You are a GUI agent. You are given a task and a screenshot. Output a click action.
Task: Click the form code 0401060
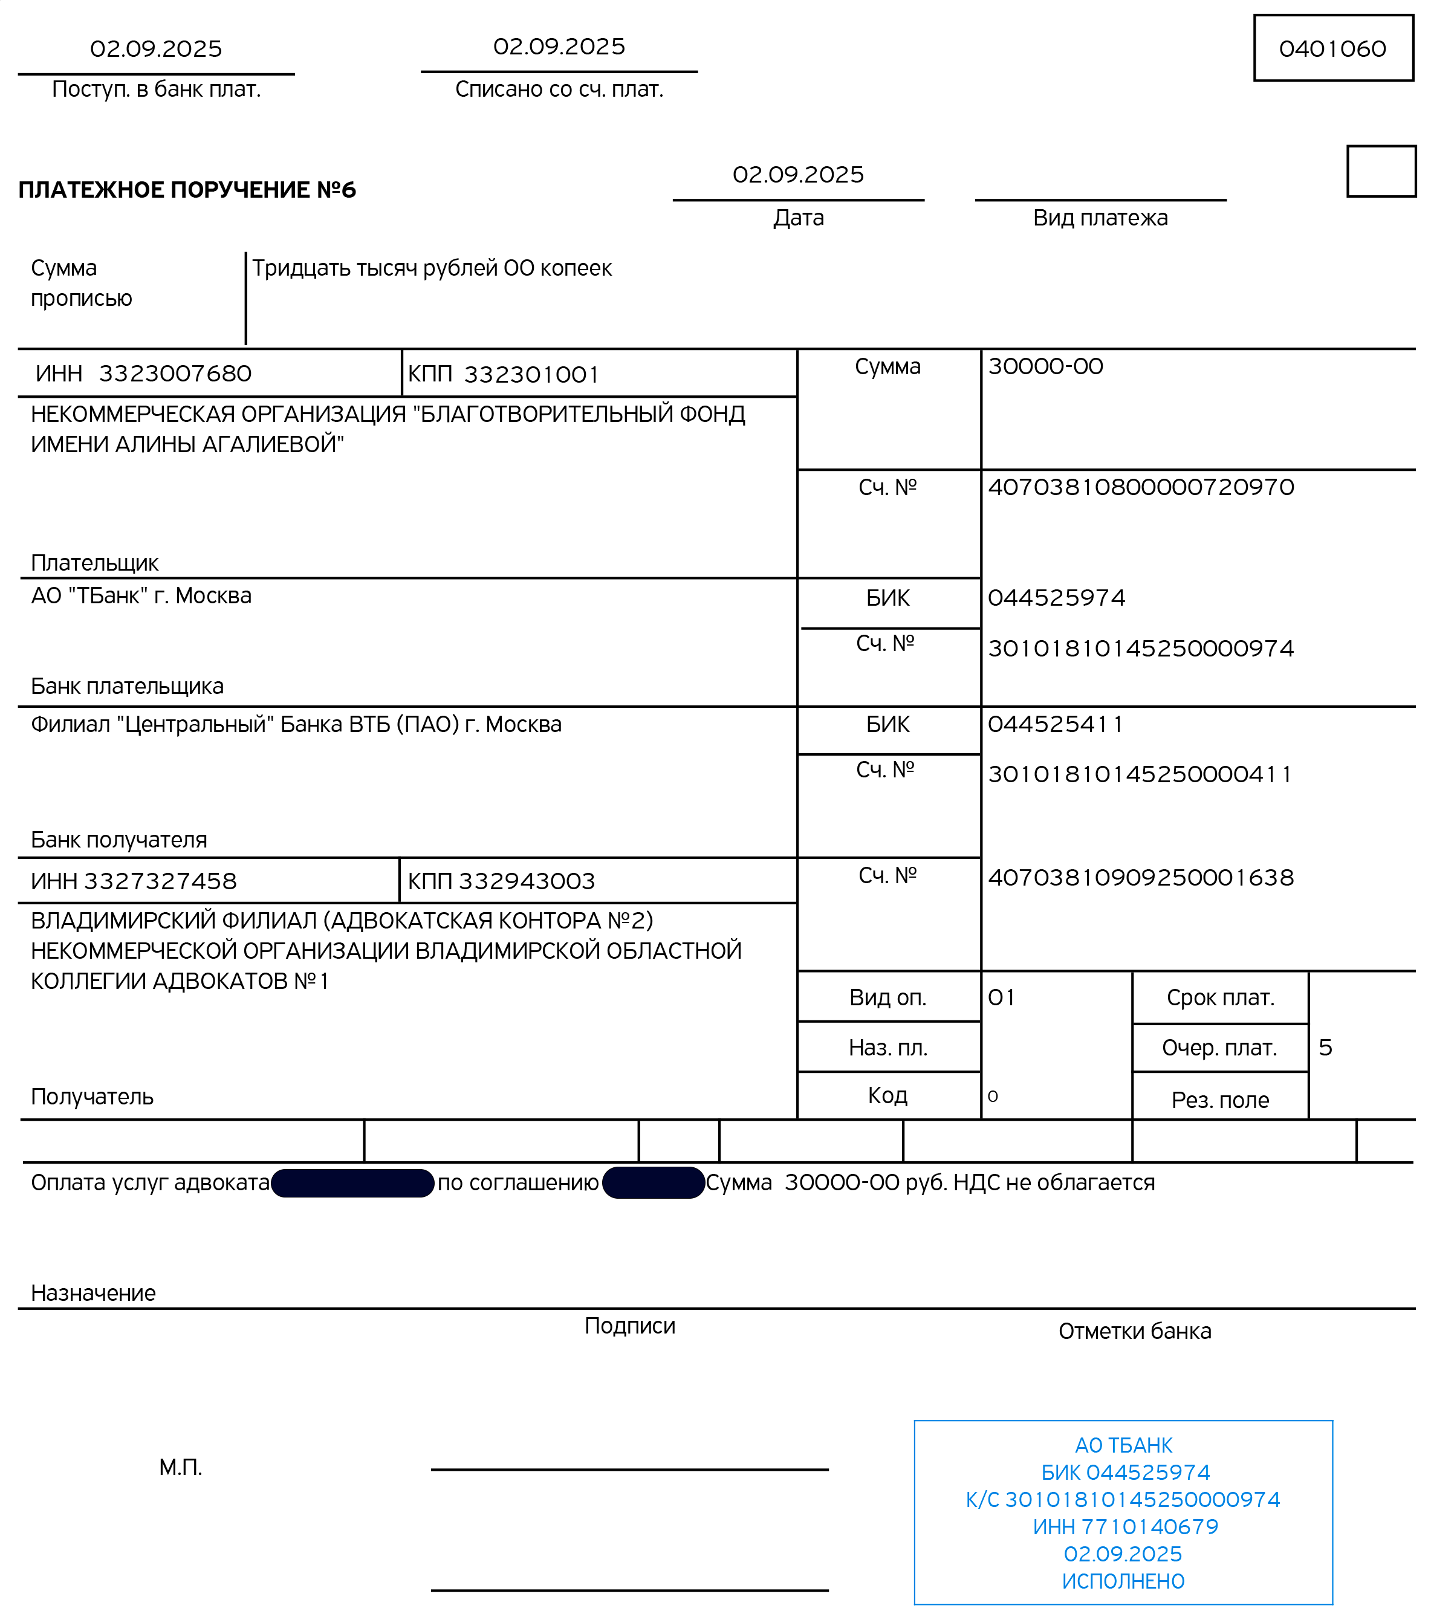1332,49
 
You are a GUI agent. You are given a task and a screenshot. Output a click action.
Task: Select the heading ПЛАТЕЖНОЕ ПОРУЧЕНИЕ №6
187,190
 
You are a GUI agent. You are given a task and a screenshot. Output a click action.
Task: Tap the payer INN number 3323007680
175,374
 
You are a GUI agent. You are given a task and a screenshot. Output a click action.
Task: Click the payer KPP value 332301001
531,374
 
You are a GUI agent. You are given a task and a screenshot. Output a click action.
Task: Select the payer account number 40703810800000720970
1140,487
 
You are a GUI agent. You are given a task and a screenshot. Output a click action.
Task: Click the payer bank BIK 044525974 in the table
1056,598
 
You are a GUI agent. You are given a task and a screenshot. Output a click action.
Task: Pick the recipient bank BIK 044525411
1054,724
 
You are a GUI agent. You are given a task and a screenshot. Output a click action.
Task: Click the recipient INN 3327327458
160,881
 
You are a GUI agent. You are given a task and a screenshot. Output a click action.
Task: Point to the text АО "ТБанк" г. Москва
141,596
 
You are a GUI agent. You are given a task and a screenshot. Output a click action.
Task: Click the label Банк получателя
119,840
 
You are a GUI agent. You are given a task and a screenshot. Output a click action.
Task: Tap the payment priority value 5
1325,1048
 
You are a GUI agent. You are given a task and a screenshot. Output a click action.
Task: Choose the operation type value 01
1001,998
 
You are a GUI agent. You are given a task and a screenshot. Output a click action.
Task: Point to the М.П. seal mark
181,1467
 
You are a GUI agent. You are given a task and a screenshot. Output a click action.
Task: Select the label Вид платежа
1100,218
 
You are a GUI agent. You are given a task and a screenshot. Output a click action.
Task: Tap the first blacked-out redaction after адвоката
352,1183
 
